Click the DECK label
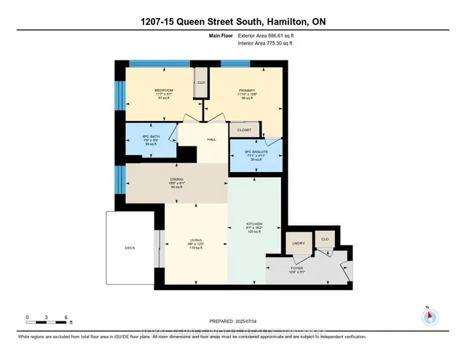click(x=130, y=249)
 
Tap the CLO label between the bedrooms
click(x=201, y=83)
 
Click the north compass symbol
click(x=429, y=316)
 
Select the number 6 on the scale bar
click(x=66, y=317)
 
